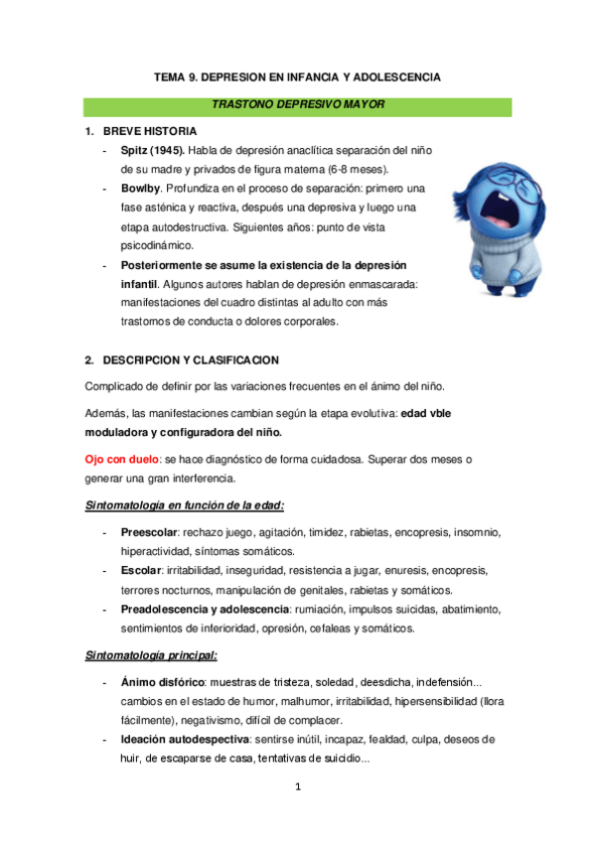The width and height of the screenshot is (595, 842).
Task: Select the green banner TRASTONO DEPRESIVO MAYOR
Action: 298,104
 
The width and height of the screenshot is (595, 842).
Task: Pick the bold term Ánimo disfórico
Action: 163,683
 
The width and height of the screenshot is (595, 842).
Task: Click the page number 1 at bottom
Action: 297,788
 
